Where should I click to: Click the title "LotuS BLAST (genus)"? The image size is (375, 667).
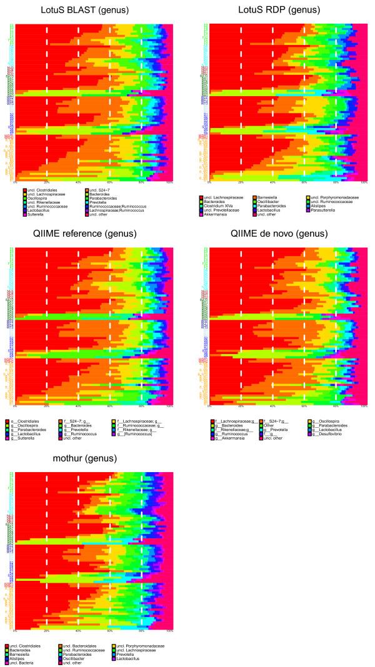pyautogui.click(x=92, y=11)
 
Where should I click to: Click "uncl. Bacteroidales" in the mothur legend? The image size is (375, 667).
pyautogui.click(x=78, y=646)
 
